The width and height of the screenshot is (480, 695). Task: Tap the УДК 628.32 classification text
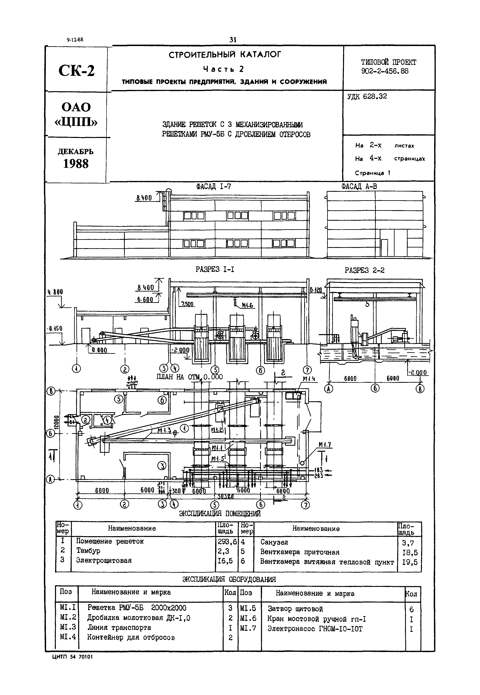(x=367, y=97)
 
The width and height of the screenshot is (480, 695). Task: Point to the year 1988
(x=76, y=164)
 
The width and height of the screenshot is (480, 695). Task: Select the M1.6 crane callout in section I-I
(x=248, y=306)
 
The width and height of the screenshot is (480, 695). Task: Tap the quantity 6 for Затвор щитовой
(x=411, y=610)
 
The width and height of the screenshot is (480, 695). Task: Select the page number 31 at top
(x=233, y=40)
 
